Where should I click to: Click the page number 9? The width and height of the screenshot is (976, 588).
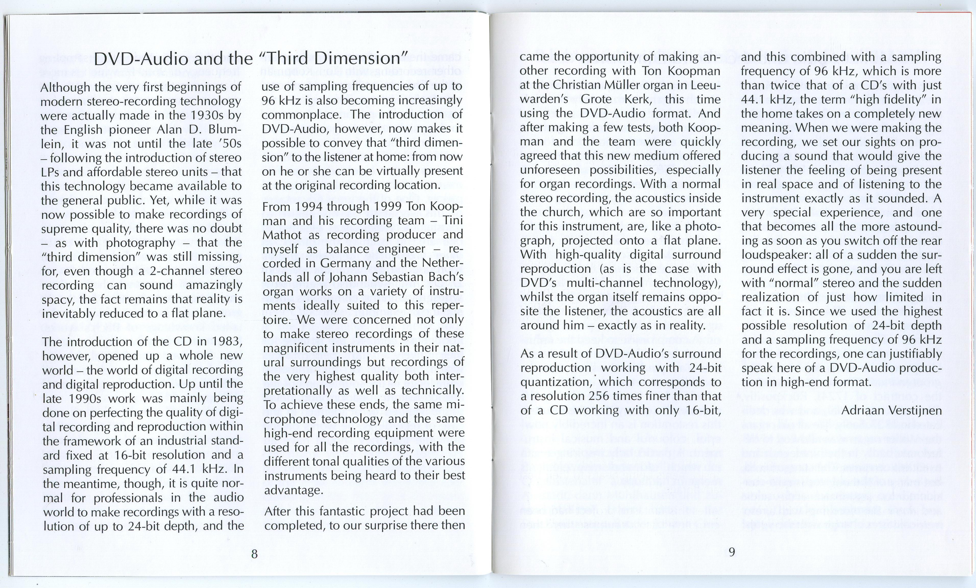(732, 552)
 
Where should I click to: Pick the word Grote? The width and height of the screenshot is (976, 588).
(596, 99)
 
